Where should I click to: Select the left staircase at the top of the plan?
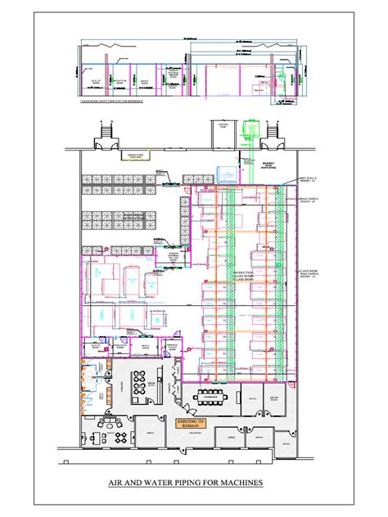[106, 132]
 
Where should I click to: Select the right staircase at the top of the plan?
[267, 132]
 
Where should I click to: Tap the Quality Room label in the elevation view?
[97, 83]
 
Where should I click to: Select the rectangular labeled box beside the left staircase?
[130, 155]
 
